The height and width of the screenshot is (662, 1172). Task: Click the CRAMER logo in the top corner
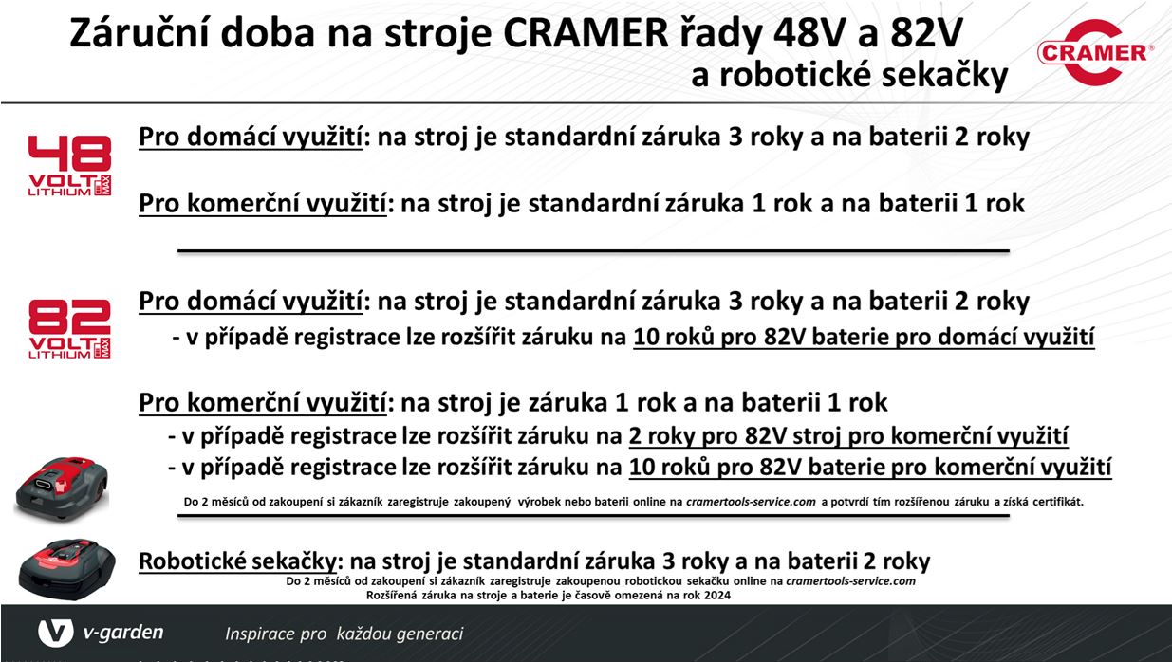coord(1096,52)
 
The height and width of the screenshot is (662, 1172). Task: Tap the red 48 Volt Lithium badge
coord(69,166)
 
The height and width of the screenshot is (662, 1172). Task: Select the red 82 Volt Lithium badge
coord(69,329)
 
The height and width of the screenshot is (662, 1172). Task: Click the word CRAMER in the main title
coord(586,33)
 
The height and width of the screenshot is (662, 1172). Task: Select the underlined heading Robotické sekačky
coord(237,561)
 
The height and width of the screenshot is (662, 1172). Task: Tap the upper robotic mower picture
coord(62,488)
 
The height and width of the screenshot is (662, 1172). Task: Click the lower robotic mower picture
coord(67,569)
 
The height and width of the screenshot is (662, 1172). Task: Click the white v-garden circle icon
coord(55,633)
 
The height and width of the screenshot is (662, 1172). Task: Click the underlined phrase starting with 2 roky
coord(848,436)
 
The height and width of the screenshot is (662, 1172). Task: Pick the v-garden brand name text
coord(123,634)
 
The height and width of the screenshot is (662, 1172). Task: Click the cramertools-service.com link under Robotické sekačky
coord(850,581)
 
